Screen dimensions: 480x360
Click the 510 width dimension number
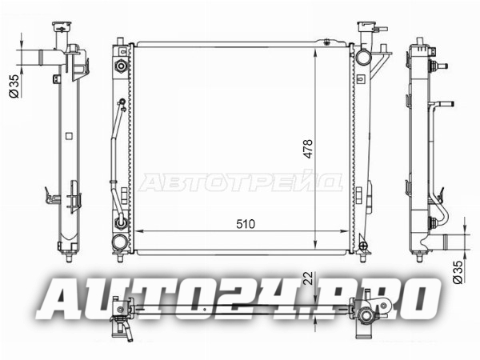click(x=246, y=224)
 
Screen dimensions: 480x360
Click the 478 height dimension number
click(x=308, y=149)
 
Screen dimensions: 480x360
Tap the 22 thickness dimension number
click(x=309, y=278)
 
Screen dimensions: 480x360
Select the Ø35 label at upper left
click(x=14, y=86)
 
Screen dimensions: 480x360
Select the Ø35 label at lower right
click(x=458, y=272)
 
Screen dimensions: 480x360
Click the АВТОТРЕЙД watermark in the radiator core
click(x=240, y=182)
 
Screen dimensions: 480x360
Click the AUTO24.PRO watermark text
click(x=238, y=298)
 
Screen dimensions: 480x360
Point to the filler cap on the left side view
click(x=62, y=26)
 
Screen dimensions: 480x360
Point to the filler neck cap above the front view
click(x=366, y=26)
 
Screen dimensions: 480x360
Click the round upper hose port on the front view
click(x=363, y=57)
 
